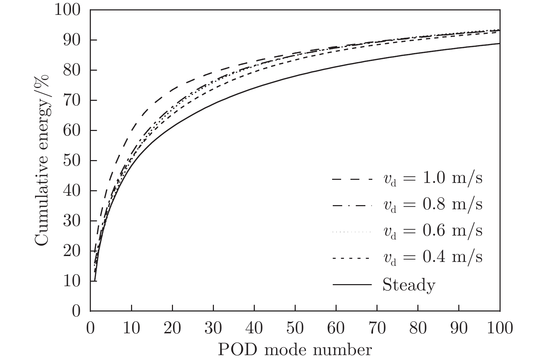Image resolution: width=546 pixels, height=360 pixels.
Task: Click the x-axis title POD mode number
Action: point(295,350)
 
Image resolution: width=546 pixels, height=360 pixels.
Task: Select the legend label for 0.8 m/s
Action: point(433,205)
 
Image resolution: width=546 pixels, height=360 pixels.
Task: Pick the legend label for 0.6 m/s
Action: point(433,231)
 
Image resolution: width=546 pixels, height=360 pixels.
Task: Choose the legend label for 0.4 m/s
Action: point(433,257)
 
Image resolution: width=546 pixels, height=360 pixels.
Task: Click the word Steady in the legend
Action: point(409,285)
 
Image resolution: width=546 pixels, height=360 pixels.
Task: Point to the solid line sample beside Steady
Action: point(352,285)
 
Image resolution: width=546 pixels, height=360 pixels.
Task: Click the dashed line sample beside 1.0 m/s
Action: point(352,179)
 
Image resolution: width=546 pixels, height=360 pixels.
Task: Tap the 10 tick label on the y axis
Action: point(72,281)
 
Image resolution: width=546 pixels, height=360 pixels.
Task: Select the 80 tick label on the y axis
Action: point(72,70)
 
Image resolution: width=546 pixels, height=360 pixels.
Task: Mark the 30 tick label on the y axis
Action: point(72,221)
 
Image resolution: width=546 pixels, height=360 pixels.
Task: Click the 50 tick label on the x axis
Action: point(295,328)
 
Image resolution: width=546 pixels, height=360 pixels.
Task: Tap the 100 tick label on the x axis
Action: point(500,328)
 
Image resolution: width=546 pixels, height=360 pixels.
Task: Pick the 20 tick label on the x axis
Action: point(172,328)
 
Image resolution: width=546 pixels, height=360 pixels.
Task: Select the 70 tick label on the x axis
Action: point(377,328)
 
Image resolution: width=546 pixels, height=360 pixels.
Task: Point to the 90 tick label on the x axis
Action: point(459,328)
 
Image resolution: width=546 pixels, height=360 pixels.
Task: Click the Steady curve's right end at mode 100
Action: point(499,44)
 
